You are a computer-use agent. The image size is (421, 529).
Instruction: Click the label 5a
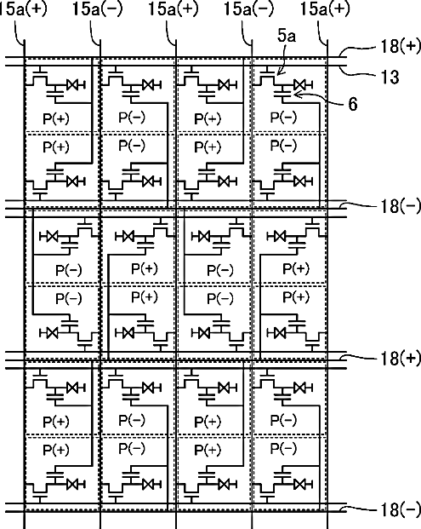point(287,36)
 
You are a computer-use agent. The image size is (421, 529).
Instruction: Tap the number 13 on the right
point(390,77)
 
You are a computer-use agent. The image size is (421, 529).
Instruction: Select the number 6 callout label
point(353,104)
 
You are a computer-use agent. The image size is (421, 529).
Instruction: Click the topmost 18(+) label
point(401,46)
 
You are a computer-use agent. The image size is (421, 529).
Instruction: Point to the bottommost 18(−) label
point(401,509)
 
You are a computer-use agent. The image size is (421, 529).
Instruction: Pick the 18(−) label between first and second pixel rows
point(401,206)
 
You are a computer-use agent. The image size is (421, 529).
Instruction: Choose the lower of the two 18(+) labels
point(401,358)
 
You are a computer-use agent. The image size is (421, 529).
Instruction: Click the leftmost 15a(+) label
point(22,9)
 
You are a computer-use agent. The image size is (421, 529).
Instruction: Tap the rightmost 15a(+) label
point(325,9)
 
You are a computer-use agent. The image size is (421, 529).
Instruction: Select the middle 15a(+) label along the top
point(174,9)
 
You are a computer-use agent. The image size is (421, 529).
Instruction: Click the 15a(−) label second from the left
point(98,9)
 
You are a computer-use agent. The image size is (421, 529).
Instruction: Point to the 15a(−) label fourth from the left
point(249,9)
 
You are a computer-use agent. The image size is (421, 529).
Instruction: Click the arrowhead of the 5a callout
point(278,72)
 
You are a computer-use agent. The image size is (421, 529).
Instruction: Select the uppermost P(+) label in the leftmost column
point(56,118)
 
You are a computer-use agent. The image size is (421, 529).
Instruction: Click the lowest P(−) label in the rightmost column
point(283,449)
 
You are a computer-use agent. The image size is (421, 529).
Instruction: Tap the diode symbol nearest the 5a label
point(302,84)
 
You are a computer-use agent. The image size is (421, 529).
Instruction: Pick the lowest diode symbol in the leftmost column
point(76,485)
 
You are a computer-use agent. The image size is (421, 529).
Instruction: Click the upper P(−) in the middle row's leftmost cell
point(69,271)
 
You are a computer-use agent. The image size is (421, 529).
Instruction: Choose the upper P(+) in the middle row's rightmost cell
point(296,269)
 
